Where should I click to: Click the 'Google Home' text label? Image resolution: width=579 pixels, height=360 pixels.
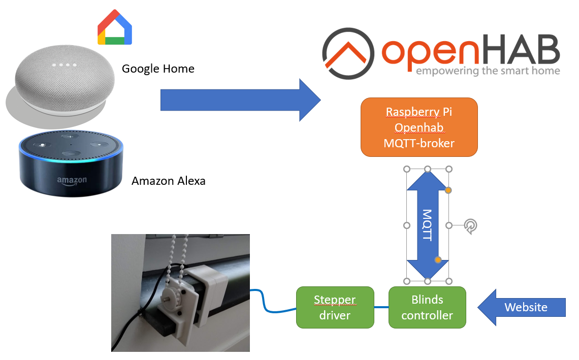pyautogui.click(x=158, y=69)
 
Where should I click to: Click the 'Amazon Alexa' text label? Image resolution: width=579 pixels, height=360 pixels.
pyautogui.click(x=168, y=181)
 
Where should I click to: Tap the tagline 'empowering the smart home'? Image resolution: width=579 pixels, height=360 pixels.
pyautogui.click(x=488, y=71)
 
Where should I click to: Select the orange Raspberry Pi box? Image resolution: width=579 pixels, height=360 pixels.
pyautogui.click(x=419, y=127)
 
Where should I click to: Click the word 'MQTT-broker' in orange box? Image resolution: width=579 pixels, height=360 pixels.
pyautogui.click(x=419, y=143)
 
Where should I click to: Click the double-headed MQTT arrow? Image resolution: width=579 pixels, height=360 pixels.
pyautogui.click(x=427, y=225)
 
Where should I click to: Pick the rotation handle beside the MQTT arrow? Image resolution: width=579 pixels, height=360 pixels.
pyautogui.click(x=471, y=225)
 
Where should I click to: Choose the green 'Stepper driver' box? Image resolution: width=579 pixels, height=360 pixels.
pyautogui.click(x=335, y=307)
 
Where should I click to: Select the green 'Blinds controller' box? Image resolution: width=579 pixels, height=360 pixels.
pyautogui.click(x=427, y=307)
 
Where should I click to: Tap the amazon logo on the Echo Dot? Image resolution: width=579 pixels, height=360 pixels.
pyautogui.click(x=72, y=181)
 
